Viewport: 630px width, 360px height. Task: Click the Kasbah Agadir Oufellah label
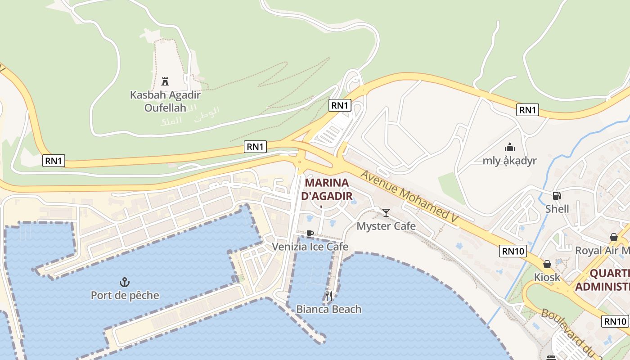(165, 101)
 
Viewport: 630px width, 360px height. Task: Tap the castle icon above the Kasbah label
(165, 81)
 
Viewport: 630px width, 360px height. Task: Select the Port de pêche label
(125, 295)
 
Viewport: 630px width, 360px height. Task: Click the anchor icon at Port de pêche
(125, 282)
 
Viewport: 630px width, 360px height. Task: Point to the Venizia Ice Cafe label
(310, 247)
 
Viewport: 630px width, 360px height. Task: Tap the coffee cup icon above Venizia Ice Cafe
(310, 234)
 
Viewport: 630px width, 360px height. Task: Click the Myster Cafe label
(386, 226)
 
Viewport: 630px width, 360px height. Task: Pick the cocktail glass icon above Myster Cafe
(386, 212)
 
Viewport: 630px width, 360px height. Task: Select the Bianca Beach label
(328, 309)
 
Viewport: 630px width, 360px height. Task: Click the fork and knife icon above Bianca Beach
(329, 296)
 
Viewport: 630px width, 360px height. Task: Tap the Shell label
(557, 209)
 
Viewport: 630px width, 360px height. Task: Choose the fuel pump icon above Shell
(557, 196)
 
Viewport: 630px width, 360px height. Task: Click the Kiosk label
(547, 277)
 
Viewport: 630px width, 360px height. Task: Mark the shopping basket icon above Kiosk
(547, 264)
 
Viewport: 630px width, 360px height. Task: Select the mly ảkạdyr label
(509, 161)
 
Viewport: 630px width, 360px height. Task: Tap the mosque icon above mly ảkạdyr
(509, 147)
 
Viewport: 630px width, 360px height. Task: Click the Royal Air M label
(602, 250)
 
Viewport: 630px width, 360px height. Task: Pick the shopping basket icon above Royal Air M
(613, 237)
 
